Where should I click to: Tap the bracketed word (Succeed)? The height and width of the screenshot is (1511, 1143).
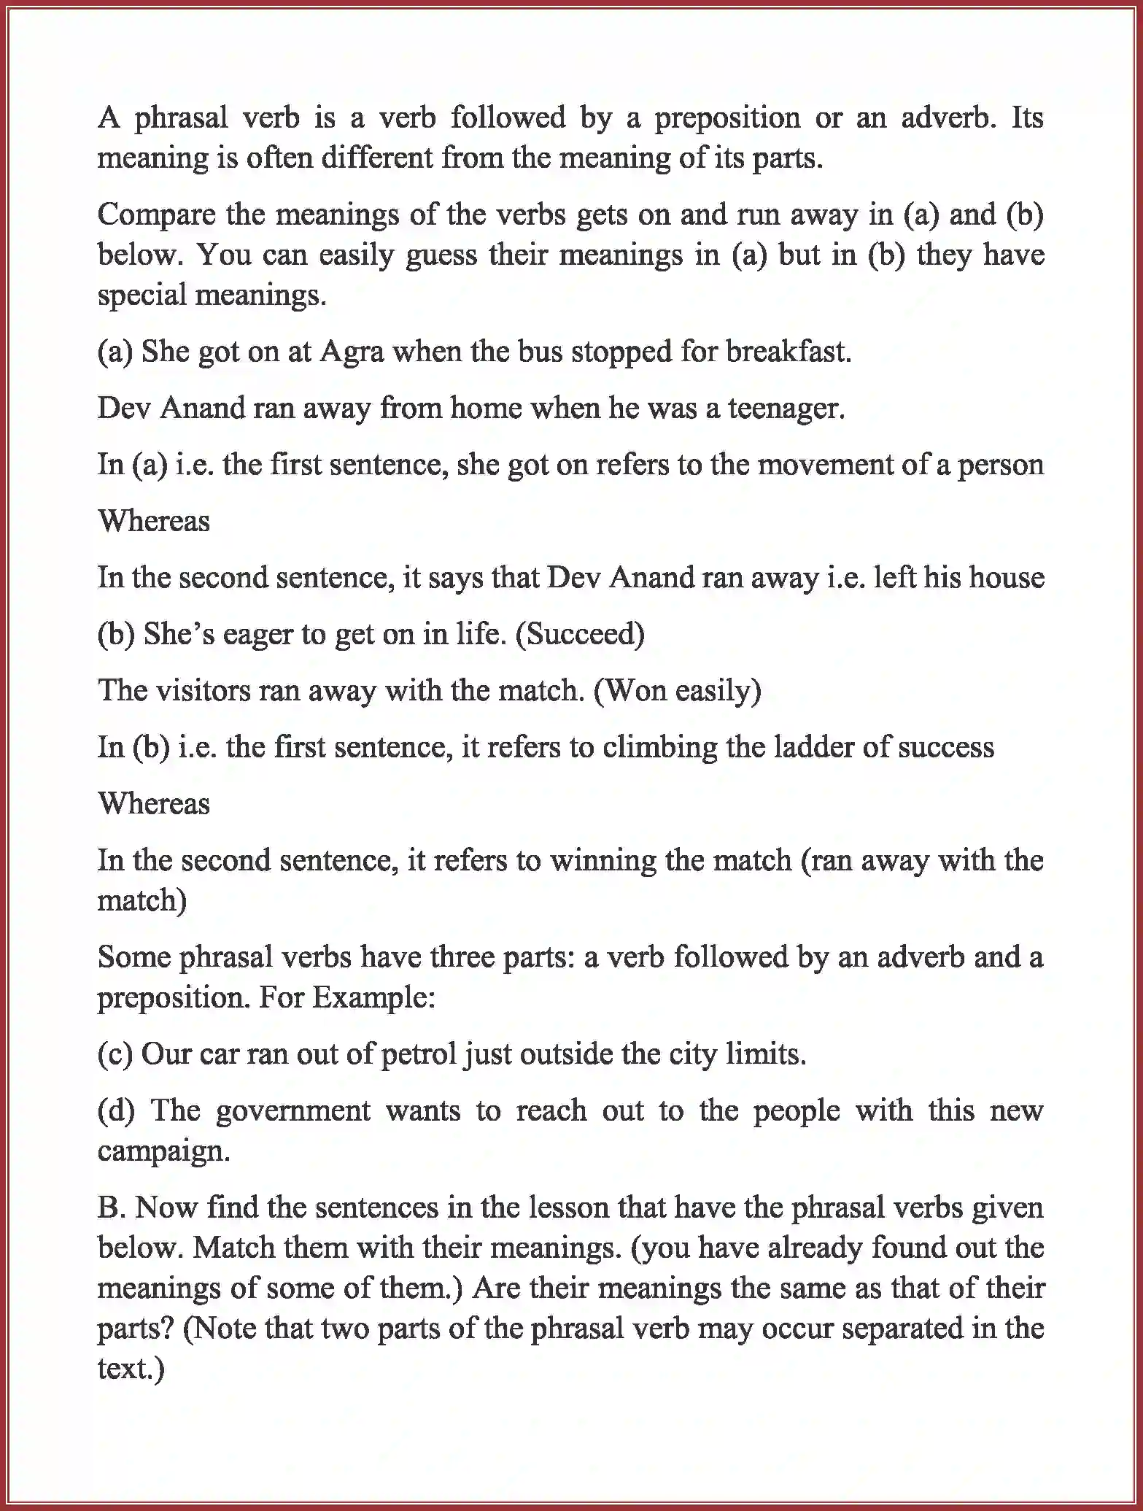click(580, 634)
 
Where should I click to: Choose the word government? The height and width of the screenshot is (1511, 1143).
click(293, 1111)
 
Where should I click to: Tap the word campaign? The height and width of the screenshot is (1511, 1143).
click(163, 1151)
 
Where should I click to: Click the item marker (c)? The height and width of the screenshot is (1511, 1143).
click(115, 1055)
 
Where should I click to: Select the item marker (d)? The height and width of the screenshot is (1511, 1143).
click(116, 1111)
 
